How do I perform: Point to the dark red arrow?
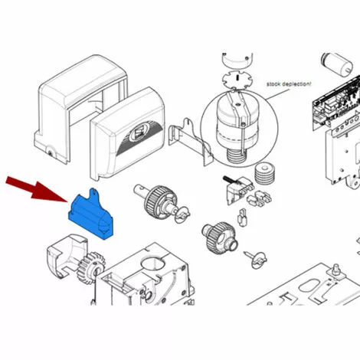[36, 189]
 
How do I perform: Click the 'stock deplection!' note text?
[289, 84]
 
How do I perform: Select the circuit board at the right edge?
[337, 101]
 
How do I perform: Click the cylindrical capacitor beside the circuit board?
[336, 64]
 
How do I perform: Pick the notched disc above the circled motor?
[237, 80]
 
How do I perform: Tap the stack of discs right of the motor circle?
[265, 173]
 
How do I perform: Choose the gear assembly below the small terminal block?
[220, 237]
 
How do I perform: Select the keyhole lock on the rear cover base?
[51, 153]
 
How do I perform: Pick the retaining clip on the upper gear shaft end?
[182, 214]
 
